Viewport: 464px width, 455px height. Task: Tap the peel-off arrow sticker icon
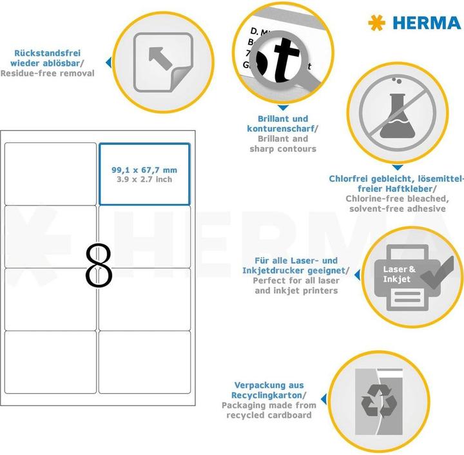pos(162,63)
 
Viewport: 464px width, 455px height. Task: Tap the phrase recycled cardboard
pos(269,415)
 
